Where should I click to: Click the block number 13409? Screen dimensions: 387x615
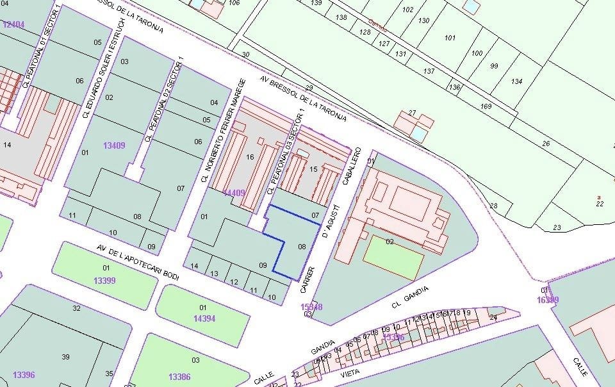pyautogui.click(x=114, y=145)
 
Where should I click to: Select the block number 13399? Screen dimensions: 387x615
pyautogui.click(x=104, y=281)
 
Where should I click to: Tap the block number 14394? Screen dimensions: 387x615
pyautogui.click(x=204, y=318)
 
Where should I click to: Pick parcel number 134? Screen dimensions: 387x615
pyautogui.click(x=516, y=81)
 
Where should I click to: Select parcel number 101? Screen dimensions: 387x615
pyautogui.click(x=450, y=38)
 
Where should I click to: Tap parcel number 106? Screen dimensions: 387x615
pyautogui.click(x=234, y=3)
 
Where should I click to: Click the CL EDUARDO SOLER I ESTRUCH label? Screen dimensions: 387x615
pyautogui.click(x=102, y=68)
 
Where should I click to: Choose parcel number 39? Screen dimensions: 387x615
pyautogui.click(x=65, y=357)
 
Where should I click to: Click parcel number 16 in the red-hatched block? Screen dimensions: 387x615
pyautogui.click(x=250, y=157)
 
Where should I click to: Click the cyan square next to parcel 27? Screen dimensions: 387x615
pyautogui.click(x=419, y=134)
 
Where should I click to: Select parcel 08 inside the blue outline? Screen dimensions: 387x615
pyautogui.click(x=302, y=245)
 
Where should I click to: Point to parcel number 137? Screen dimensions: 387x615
pyautogui.click(x=429, y=71)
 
